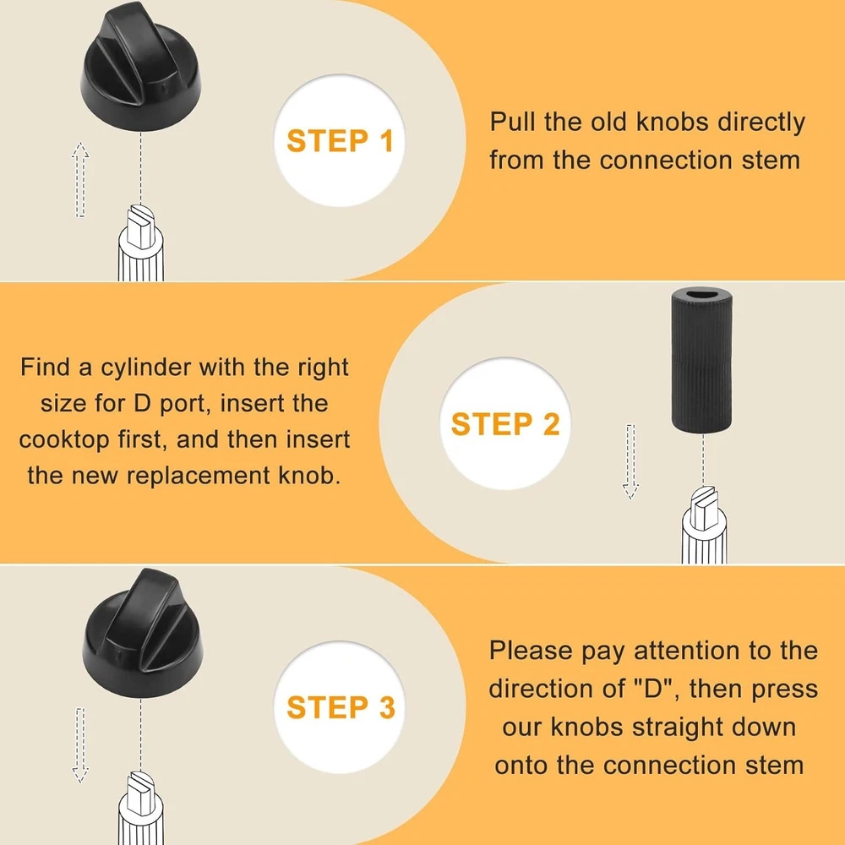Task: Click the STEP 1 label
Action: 340,140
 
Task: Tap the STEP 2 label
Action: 505,423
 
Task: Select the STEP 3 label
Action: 341,707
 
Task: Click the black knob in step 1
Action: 140,70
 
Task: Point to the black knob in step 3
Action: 143,633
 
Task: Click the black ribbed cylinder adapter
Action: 701,360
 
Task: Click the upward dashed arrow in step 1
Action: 80,179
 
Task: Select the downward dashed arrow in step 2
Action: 630,461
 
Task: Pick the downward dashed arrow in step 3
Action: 80,744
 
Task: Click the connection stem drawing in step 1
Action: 140,243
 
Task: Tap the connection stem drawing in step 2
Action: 704,525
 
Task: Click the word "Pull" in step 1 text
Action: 513,122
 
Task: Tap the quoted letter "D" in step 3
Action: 652,688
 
